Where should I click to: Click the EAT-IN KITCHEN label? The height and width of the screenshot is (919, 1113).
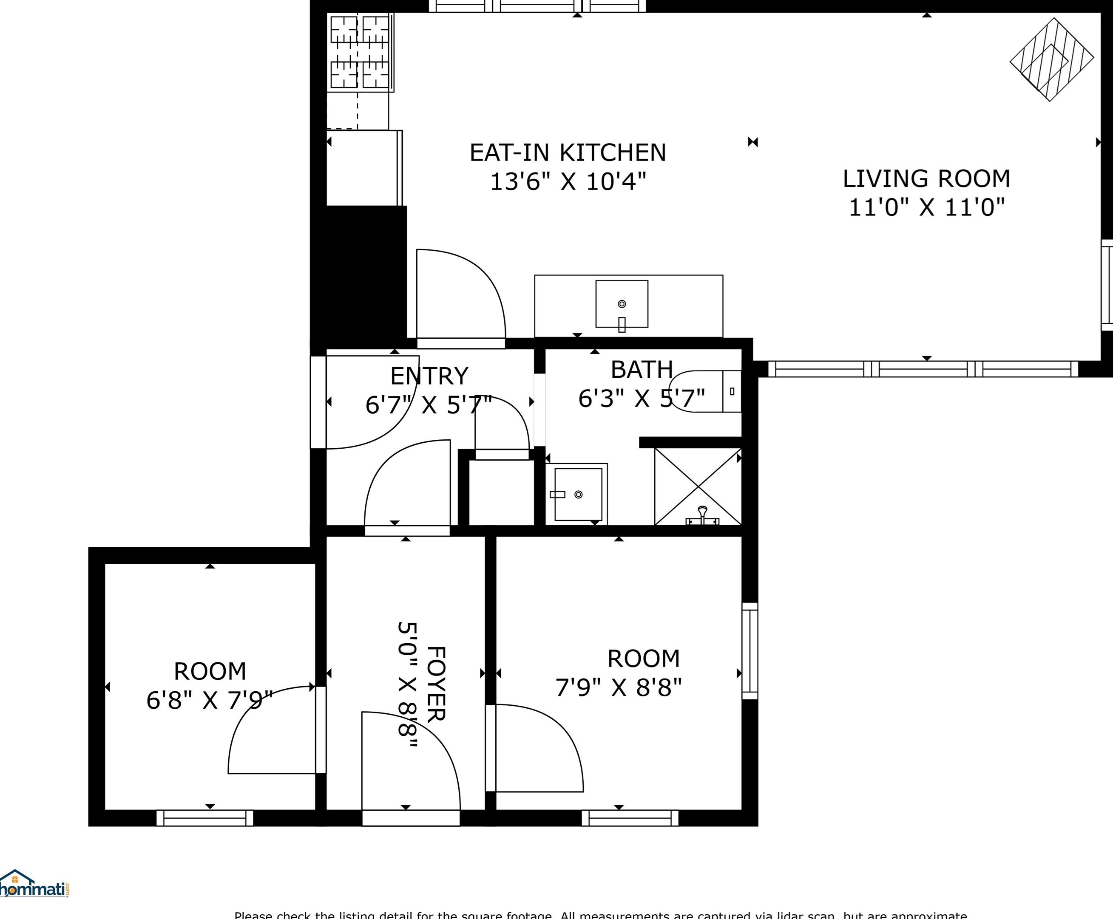[568, 153]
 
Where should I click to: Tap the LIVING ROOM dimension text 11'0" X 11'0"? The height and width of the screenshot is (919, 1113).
[926, 207]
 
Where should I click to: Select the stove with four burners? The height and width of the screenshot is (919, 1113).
[359, 52]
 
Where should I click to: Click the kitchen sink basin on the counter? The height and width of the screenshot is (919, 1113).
[622, 304]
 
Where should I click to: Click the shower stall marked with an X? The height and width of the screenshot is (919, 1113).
[698, 486]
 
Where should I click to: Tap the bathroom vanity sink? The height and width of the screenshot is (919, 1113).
[577, 494]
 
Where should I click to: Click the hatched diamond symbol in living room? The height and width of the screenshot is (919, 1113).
[1051, 59]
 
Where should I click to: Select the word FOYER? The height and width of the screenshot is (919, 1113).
[436, 684]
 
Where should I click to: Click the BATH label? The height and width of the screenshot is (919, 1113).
[642, 370]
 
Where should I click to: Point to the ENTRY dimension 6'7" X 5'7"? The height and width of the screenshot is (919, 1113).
[429, 405]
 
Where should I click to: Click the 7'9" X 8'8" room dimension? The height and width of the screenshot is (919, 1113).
[618, 688]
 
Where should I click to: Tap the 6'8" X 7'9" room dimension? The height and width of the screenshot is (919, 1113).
[209, 700]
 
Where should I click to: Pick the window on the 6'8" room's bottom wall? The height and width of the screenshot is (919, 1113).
[204, 818]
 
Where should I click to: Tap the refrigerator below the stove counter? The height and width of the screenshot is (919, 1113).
[363, 168]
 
